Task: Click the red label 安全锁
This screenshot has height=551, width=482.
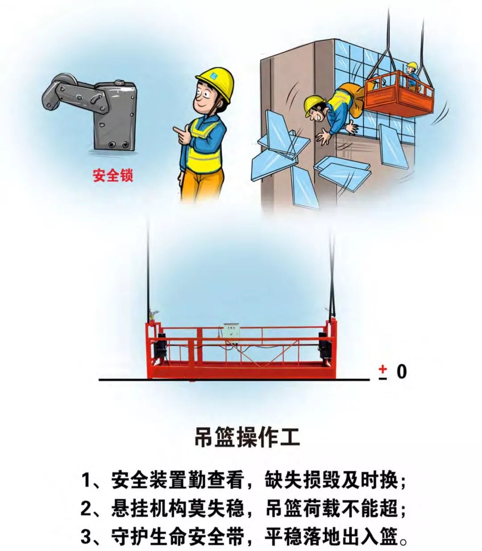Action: click(x=113, y=176)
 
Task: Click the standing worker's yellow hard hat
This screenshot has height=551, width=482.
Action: click(x=215, y=84)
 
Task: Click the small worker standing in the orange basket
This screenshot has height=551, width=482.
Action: click(x=412, y=76)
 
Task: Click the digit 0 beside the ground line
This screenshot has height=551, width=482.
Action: click(x=402, y=372)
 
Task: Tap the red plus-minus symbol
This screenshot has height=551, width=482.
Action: click(x=383, y=372)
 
